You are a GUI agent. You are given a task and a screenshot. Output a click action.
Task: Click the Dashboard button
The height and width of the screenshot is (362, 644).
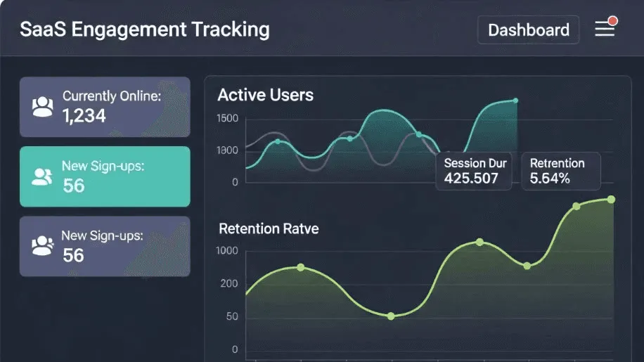click(528, 30)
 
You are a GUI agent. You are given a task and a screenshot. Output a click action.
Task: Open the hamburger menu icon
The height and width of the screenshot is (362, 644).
click(605, 29)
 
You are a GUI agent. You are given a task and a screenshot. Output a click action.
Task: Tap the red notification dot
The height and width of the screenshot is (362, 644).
click(613, 21)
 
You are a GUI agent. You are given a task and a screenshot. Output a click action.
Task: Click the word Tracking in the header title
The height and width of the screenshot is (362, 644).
click(231, 30)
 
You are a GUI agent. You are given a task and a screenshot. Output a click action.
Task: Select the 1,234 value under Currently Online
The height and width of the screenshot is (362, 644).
click(84, 116)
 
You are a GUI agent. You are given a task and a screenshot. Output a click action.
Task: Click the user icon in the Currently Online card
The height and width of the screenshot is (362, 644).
click(43, 107)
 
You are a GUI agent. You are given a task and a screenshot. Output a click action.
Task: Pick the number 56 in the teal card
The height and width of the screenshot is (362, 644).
click(74, 186)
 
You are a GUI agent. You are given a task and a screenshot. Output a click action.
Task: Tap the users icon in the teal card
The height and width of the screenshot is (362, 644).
click(42, 176)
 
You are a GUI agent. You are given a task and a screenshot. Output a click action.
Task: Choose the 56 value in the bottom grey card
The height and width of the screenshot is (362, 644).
click(73, 255)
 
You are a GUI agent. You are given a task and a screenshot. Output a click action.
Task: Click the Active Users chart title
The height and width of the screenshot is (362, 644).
click(265, 95)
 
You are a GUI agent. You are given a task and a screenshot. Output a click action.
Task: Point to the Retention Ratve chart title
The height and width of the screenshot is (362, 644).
click(269, 228)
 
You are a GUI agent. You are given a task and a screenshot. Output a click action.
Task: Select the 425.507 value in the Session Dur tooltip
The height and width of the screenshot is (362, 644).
click(471, 179)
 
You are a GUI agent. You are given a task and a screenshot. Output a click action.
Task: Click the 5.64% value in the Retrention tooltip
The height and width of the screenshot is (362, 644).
click(550, 179)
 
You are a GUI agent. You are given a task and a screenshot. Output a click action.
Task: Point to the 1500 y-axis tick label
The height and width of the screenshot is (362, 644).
click(228, 118)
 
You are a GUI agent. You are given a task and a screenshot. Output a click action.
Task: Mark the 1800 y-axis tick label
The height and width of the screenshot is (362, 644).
click(228, 150)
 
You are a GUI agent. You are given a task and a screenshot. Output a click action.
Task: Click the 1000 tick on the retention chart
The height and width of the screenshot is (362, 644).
click(227, 250)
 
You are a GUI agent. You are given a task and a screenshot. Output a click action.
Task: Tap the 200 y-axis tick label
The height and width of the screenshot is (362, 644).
click(229, 283)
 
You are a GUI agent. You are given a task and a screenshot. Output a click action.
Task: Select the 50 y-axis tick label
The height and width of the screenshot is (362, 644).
click(232, 316)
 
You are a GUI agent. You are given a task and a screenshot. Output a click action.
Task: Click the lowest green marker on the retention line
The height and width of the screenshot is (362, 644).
click(391, 316)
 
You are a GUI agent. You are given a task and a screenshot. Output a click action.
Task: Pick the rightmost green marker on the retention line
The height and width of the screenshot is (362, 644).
click(611, 200)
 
